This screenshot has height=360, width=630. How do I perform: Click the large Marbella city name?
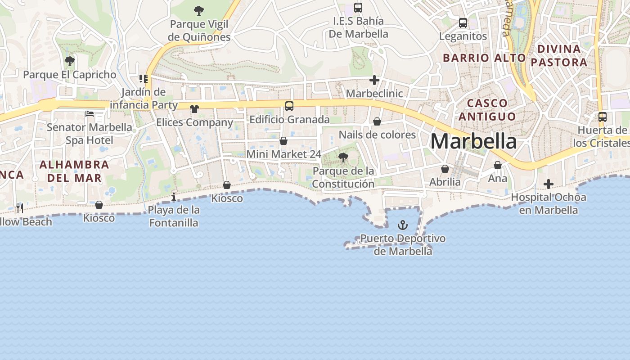[473, 141]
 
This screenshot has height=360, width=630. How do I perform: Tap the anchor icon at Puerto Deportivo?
[403, 225]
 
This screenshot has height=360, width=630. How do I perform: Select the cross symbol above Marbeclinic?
[374, 81]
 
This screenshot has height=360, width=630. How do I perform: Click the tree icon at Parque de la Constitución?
[343, 157]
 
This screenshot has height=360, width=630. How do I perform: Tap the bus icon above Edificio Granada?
[289, 106]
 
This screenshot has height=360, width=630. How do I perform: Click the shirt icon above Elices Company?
[194, 108]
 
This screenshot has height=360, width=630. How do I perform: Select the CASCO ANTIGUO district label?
[487, 110]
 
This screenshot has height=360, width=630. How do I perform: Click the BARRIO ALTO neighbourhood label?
[484, 58]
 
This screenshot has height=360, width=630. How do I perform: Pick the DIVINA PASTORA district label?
[559, 55]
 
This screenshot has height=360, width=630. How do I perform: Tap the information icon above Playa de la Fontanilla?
[174, 197]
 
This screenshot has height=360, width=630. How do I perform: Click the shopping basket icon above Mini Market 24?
[283, 141]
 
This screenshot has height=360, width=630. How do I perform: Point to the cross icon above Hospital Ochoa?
[548, 184]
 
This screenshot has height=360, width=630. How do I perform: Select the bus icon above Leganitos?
[463, 23]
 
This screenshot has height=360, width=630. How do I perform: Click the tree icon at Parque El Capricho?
[69, 61]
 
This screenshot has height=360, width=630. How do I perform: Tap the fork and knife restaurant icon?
[19, 208]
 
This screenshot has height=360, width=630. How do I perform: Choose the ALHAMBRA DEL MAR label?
[74, 171]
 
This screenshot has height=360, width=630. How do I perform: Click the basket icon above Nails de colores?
[377, 121]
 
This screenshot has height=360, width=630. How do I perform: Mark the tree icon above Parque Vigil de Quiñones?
[198, 11]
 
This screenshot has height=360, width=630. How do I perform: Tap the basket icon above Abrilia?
[445, 169]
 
